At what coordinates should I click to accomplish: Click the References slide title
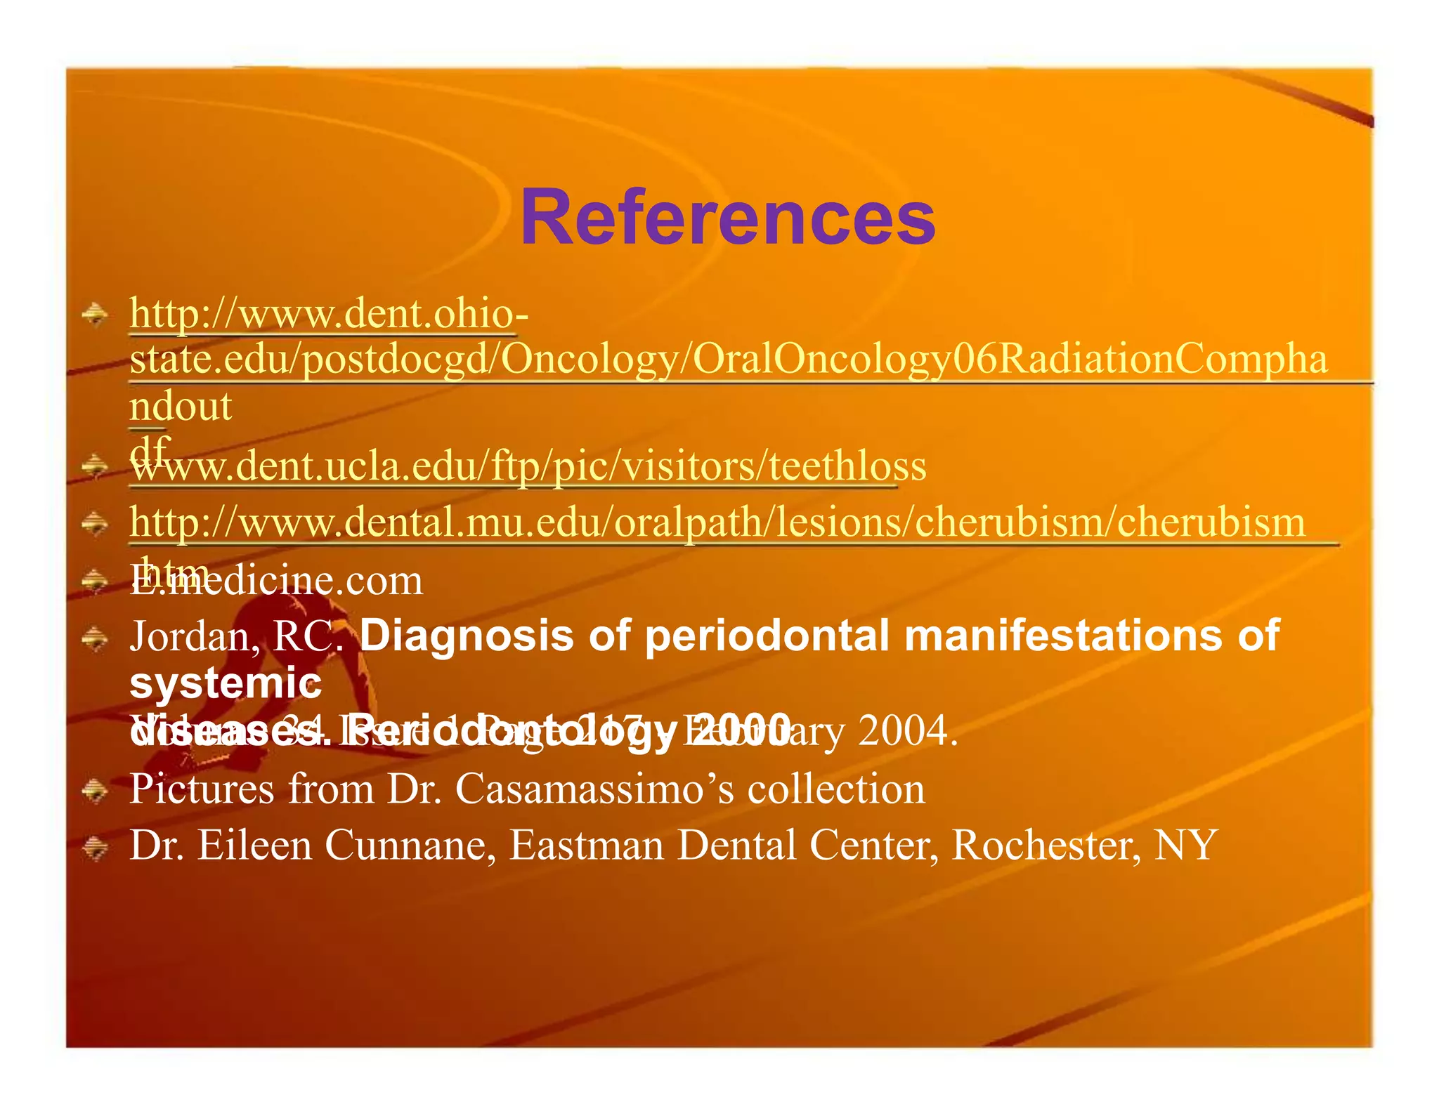(x=727, y=218)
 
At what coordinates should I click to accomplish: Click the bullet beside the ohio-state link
(x=94, y=314)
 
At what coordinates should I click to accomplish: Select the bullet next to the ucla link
(x=94, y=465)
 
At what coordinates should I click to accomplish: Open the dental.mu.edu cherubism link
(x=717, y=522)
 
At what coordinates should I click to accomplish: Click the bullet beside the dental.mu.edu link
(x=94, y=523)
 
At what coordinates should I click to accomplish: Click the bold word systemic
(x=226, y=683)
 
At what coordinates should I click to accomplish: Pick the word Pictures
(x=202, y=789)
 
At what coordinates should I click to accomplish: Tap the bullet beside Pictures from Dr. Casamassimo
(x=94, y=792)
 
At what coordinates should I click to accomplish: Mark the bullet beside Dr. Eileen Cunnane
(x=94, y=848)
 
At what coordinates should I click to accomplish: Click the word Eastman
(x=586, y=845)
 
